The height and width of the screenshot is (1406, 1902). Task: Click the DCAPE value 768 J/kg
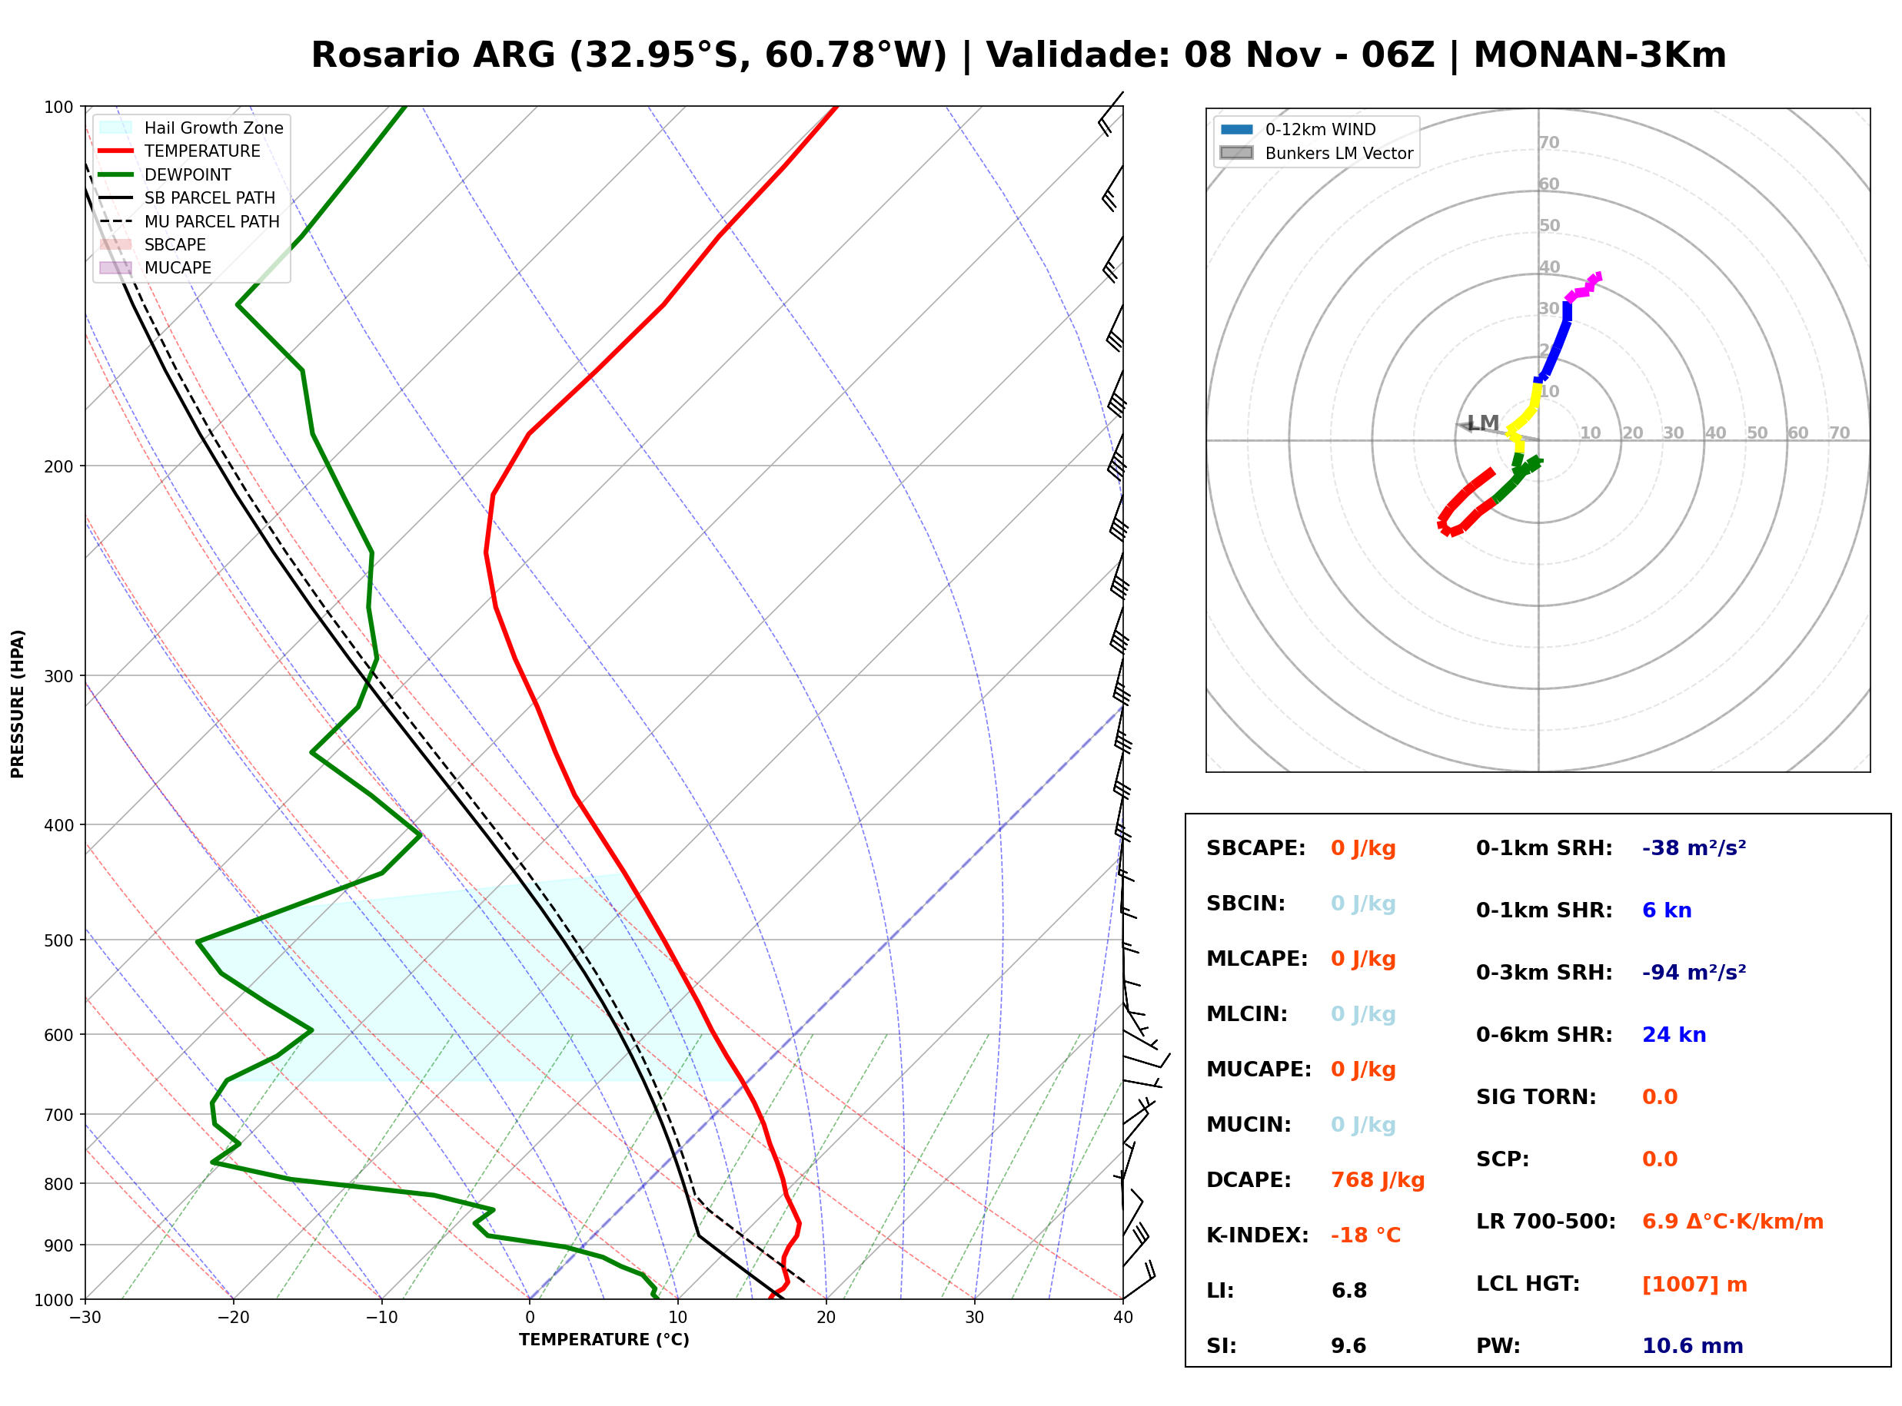(x=1377, y=1179)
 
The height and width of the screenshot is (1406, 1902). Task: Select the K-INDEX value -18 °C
(x=1365, y=1235)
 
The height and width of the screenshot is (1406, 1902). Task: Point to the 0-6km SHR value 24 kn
(x=1674, y=1034)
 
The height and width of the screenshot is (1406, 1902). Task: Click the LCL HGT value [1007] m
(x=1694, y=1285)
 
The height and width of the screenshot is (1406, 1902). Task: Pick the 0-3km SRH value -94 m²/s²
(x=1694, y=972)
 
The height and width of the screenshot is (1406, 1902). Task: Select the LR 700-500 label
(x=1545, y=1222)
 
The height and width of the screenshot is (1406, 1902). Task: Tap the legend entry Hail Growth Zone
(x=191, y=128)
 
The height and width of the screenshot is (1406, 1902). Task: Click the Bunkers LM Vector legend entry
(x=1316, y=153)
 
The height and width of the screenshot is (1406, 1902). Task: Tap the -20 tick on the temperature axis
(x=233, y=1318)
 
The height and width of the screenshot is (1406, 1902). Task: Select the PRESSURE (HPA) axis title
(x=18, y=703)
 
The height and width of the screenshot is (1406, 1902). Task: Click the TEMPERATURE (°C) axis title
(x=604, y=1340)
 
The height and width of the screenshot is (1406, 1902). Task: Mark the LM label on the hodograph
(x=1483, y=423)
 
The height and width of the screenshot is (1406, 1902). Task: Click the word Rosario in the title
(x=385, y=55)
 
